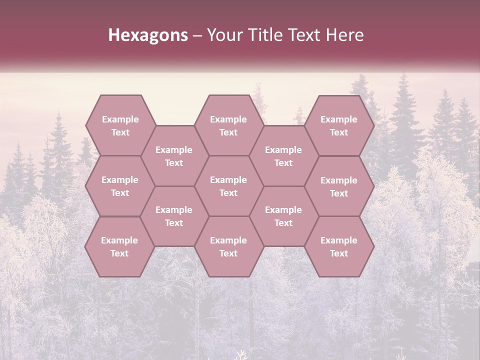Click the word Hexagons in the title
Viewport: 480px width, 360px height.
(x=148, y=35)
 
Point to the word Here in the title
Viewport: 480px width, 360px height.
(x=345, y=35)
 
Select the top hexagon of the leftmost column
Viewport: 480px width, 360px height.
(x=120, y=125)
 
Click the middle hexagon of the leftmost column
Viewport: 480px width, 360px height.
(x=120, y=186)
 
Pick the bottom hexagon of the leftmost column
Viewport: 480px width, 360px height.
(x=119, y=246)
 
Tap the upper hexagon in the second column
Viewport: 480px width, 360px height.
(x=174, y=156)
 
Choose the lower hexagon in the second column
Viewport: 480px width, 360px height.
(x=174, y=216)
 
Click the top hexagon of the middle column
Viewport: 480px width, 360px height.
(x=228, y=125)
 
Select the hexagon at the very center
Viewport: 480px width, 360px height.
(x=228, y=186)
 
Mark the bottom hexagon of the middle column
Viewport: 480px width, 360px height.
(x=228, y=246)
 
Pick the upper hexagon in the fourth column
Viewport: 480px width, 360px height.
(x=283, y=156)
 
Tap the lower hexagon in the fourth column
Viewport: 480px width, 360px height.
(x=283, y=216)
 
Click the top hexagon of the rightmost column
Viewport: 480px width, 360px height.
(x=339, y=125)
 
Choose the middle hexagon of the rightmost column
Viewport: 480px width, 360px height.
(x=339, y=186)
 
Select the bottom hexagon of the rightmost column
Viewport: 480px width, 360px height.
(x=339, y=246)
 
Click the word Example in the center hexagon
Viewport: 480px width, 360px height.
(x=228, y=180)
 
